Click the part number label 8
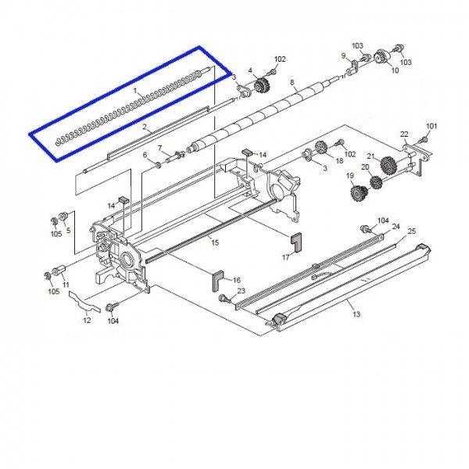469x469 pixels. pyautogui.click(x=292, y=82)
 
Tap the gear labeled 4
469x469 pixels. pyautogui.click(x=262, y=85)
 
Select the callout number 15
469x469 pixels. pyautogui.click(x=215, y=242)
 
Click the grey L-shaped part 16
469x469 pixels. pyautogui.click(x=218, y=281)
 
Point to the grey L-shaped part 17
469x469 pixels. pyautogui.click(x=297, y=243)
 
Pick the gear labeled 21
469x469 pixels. pyautogui.click(x=388, y=165)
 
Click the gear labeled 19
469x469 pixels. pyautogui.click(x=359, y=194)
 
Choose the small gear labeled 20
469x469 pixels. pyautogui.click(x=376, y=182)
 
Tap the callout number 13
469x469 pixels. pyautogui.click(x=356, y=314)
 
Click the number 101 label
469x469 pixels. pyautogui.click(x=431, y=126)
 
